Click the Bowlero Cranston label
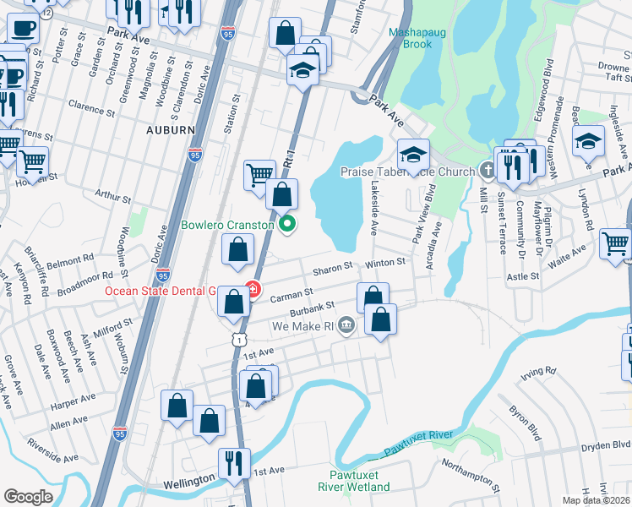227,226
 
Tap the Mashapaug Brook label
410,39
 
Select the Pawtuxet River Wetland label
352,481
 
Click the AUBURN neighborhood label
170,130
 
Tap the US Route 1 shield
241,339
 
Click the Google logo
28,496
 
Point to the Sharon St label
332,266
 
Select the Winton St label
386,263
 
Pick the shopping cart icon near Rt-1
259,175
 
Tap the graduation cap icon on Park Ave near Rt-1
301,69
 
